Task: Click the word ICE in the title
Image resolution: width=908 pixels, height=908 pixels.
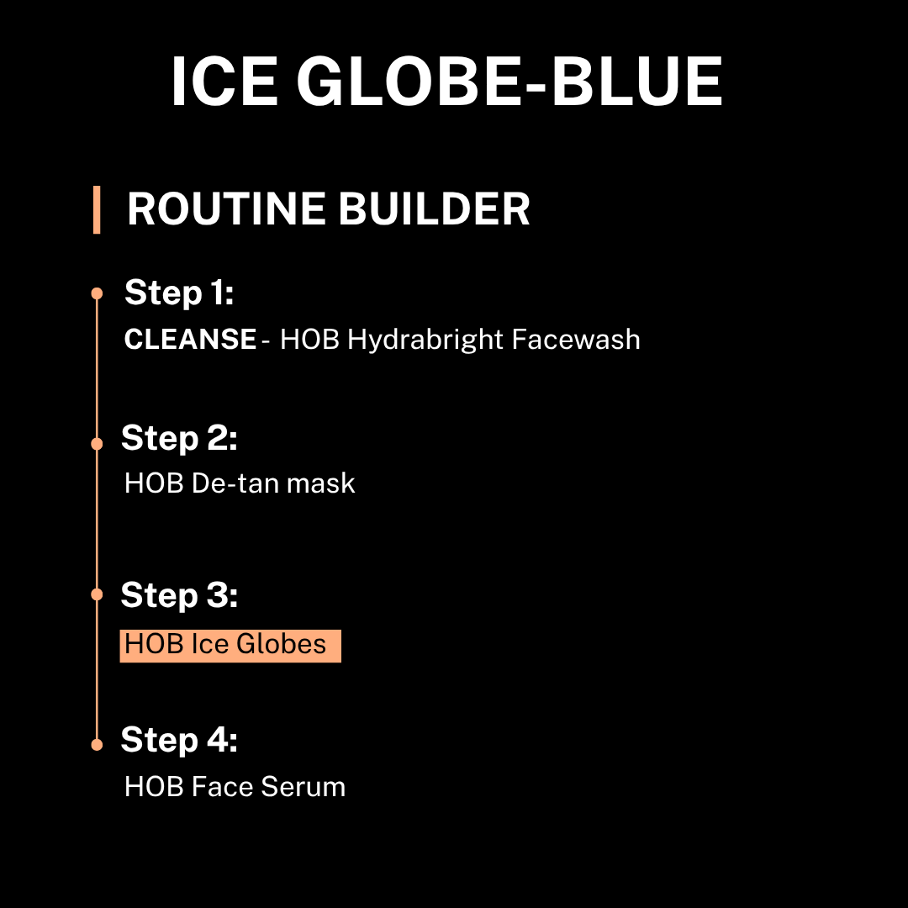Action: (224, 82)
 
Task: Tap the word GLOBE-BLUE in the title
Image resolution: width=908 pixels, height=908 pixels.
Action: (509, 82)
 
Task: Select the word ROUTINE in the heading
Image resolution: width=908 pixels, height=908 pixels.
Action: (226, 209)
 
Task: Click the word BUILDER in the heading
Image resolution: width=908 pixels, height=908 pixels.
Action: (435, 209)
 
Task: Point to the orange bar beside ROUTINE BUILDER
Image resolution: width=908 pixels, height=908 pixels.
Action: (97, 209)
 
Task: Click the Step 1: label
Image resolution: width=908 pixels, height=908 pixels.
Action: (179, 293)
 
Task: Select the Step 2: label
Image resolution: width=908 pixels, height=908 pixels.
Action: (179, 438)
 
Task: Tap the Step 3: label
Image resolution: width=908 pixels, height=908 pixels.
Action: (179, 594)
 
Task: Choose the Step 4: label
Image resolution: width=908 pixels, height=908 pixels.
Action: (179, 740)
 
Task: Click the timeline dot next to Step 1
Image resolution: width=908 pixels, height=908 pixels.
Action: (97, 293)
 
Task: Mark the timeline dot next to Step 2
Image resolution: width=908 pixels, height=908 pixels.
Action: (97, 444)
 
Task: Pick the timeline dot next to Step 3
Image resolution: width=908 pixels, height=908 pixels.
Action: (97, 594)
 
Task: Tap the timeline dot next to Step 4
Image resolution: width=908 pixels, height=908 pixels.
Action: (97, 745)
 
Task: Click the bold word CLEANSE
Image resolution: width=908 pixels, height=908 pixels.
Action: (190, 340)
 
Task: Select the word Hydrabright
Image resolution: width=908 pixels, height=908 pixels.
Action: (425, 340)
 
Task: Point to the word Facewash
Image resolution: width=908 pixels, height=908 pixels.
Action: (576, 340)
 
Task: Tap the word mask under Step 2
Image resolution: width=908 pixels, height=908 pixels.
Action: (321, 483)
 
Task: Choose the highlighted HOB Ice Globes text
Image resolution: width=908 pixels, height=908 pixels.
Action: (230, 646)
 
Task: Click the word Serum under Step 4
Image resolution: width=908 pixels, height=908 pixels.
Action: (303, 787)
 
